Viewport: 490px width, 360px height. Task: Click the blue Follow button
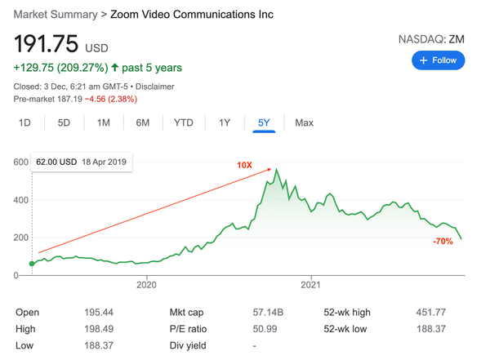439,60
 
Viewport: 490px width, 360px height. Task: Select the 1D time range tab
24,122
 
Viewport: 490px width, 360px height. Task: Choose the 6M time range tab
142,122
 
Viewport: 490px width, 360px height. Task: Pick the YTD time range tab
184,122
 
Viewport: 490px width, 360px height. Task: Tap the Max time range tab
304,122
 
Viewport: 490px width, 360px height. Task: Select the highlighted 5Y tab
264,122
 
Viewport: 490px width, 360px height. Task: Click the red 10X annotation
244,165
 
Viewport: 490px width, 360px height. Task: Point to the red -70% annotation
443,242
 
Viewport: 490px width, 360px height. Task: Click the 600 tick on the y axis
20,162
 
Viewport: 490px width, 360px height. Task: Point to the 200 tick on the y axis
20,238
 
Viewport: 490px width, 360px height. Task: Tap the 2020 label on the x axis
146,285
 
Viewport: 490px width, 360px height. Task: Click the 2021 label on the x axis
311,285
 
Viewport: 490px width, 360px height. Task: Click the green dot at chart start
32,264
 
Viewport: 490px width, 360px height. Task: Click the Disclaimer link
154,87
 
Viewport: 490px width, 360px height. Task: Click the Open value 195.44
99,313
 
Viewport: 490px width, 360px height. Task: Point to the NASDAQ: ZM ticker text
431,38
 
